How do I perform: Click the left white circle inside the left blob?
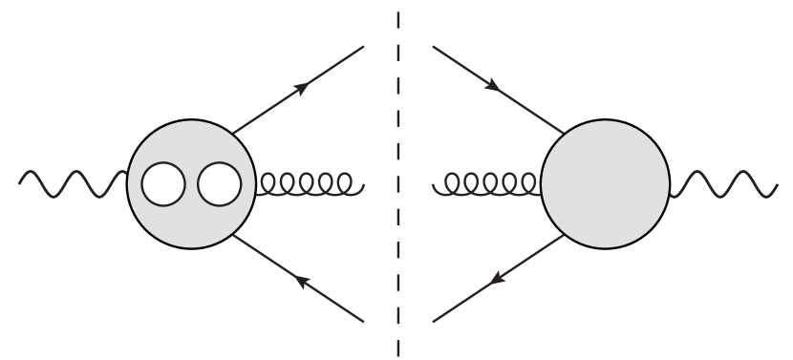click(x=163, y=183)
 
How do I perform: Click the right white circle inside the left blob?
click(x=220, y=183)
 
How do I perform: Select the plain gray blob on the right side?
click(x=606, y=183)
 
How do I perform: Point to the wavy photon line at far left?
click(x=72, y=183)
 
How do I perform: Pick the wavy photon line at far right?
click(x=721, y=183)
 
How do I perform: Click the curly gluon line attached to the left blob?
click(x=309, y=182)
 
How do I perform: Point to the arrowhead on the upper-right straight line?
click(x=493, y=87)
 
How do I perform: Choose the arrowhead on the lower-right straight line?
click(x=495, y=280)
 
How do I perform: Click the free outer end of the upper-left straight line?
click(x=364, y=46)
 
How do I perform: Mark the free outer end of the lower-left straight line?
click(x=364, y=321)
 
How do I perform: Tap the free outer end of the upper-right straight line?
click(x=433, y=46)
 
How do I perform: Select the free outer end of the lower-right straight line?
click(x=433, y=321)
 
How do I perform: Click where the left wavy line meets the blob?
click(x=127, y=176)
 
